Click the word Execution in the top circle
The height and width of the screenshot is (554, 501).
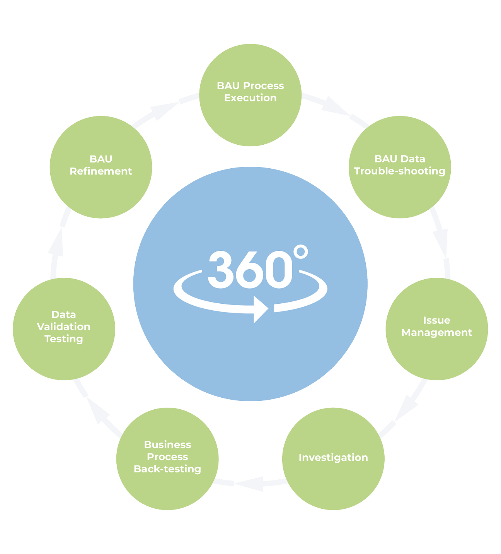(250, 98)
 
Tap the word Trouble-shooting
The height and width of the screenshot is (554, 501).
(400, 171)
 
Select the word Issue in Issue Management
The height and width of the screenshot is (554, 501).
(436, 320)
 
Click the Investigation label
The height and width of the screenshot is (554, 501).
(333, 457)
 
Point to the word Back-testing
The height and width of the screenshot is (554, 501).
(167, 469)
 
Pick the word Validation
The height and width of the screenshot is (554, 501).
(64, 327)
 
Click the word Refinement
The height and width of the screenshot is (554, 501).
(101, 171)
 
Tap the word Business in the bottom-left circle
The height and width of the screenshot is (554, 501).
(167, 445)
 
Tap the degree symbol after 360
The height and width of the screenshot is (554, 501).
(300, 252)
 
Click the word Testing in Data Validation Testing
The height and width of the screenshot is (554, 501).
(64, 339)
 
